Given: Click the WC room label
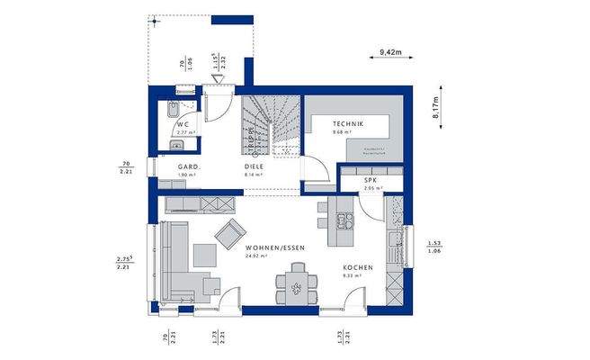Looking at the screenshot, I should tap(182, 125).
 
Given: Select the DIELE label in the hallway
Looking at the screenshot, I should tap(254, 167).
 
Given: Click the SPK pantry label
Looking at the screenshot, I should tap(371, 180).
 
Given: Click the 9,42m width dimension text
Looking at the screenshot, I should tap(390, 53).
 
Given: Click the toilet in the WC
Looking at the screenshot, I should tap(171, 112).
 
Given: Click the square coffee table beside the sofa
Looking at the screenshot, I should tap(211, 286).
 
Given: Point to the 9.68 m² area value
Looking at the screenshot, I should tap(345, 133).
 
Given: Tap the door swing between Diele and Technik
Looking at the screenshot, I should tap(312, 169).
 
